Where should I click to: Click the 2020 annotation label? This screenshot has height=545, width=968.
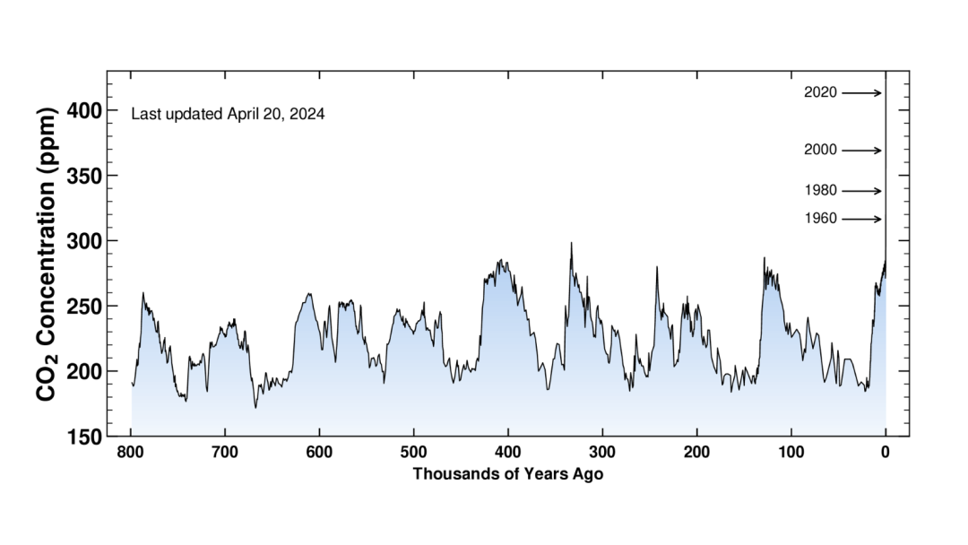[x=820, y=92]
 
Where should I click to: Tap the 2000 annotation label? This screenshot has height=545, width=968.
[x=820, y=151]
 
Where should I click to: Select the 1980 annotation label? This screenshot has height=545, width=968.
[x=820, y=191]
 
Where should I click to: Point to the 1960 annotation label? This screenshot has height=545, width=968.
[x=820, y=219]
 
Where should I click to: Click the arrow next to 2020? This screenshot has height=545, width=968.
[x=861, y=92]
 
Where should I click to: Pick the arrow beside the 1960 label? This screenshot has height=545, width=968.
[x=861, y=219]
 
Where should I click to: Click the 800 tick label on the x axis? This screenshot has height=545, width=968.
[x=131, y=453]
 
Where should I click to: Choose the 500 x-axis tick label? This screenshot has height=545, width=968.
[x=413, y=453]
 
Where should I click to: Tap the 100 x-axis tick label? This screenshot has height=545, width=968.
[x=791, y=453]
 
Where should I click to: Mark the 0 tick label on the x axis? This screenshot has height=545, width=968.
[x=886, y=453]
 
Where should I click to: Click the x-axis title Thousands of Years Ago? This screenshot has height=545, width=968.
[x=507, y=474]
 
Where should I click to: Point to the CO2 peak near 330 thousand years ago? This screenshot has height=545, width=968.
[x=571, y=243]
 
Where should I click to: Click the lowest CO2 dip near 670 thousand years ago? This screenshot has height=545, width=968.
[x=255, y=408]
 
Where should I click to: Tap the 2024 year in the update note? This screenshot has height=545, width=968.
[x=307, y=115]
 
